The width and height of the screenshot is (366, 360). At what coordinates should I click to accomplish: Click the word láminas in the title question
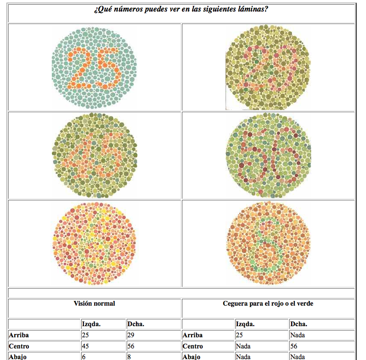click(255, 9)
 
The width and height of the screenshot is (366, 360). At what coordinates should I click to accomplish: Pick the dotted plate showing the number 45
click(95, 155)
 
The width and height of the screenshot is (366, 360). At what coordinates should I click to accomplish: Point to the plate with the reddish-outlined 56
click(268, 155)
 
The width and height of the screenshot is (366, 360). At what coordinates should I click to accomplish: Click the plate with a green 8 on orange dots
click(268, 243)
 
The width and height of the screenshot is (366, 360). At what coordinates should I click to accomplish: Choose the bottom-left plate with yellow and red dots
click(95, 243)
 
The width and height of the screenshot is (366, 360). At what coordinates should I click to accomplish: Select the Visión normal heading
click(94, 303)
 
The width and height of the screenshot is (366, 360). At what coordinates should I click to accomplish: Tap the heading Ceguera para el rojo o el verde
click(268, 303)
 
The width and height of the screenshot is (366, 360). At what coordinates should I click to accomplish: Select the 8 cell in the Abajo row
click(129, 357)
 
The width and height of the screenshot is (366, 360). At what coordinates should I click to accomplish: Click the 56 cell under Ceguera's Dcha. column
click(294, 346)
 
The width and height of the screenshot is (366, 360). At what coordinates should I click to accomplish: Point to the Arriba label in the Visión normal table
click(19, 335)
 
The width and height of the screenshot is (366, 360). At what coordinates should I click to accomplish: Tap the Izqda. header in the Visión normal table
click(91, 324)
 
